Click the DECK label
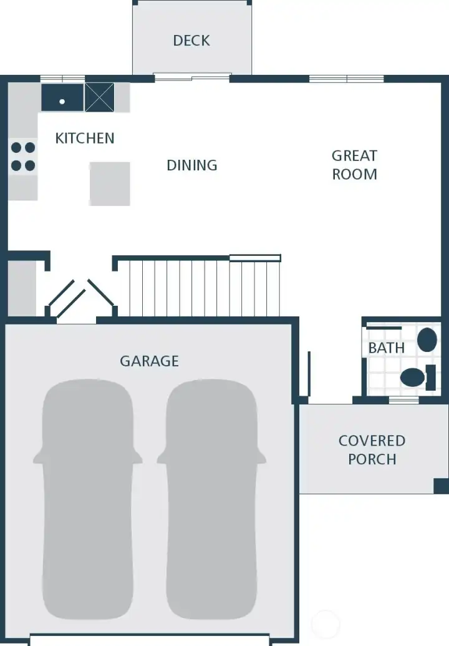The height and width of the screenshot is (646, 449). [191, 41]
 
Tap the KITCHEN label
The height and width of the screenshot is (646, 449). [85, 138]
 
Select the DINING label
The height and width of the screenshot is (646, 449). [192, 165]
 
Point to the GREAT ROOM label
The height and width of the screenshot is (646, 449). [354, 165]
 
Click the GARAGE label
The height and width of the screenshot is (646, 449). [149, 361]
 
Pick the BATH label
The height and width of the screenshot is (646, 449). [386, 348]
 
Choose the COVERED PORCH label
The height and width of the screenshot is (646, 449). [372, 450]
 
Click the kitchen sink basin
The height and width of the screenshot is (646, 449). [62, 98]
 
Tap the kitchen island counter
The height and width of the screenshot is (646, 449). [110, 184]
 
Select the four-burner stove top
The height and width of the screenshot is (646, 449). [23, 157]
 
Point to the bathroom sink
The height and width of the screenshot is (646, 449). [427, 340]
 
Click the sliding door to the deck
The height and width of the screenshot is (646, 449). [192, 77]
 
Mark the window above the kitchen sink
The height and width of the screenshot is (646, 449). [62, 79]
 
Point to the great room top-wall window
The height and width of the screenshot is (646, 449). [347, 79]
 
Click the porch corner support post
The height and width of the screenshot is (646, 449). [441, 486]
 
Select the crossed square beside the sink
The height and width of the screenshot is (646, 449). [99, 97]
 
